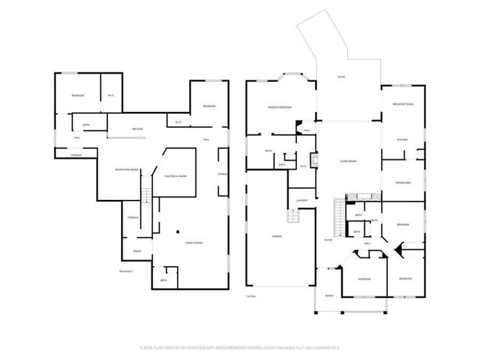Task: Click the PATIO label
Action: point(341,77)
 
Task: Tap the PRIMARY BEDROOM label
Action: point(280,108)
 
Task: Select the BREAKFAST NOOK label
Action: point(402,105)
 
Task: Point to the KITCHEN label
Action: point(402,139)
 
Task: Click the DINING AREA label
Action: point(402,181)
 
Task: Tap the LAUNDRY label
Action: point(302,201)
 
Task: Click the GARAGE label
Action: point(278,237)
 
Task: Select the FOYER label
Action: point(328,240)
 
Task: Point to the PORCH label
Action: point(329,296)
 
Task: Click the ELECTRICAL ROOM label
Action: point(175,176)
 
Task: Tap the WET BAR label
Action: point(137,129)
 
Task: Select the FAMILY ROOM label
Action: point(193,243)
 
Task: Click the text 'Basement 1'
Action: point(126,271)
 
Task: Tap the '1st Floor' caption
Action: point(251,296)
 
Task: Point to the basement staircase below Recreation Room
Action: point(145,195)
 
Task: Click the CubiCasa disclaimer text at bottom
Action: point(239,347)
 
